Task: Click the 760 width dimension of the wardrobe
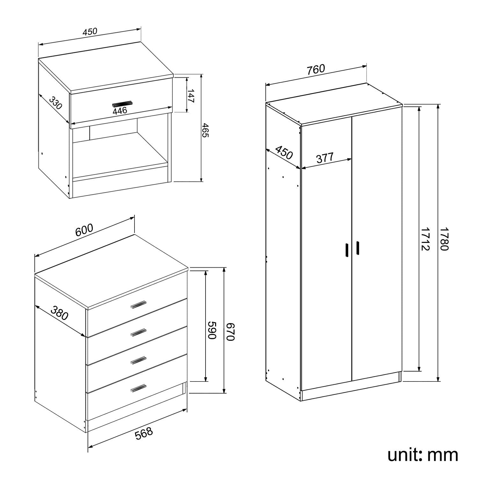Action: [x=316, y=69]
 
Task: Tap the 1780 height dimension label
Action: [x=444, y=239]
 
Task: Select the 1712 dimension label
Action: [x=425, y=239]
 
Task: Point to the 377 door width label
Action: [x=325, y=158]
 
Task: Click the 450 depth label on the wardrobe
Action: [x=284, y=152]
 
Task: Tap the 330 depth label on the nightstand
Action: [x=55, y=103]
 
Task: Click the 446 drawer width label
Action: [x=120, y=111]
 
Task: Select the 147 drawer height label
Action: [x=191, y=96]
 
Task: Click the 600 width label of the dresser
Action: [x=84, y=230]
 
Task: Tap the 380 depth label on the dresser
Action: [x=60, y=313]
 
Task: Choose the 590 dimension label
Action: [x=212, y=330]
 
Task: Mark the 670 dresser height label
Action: [x=230, y=331]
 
